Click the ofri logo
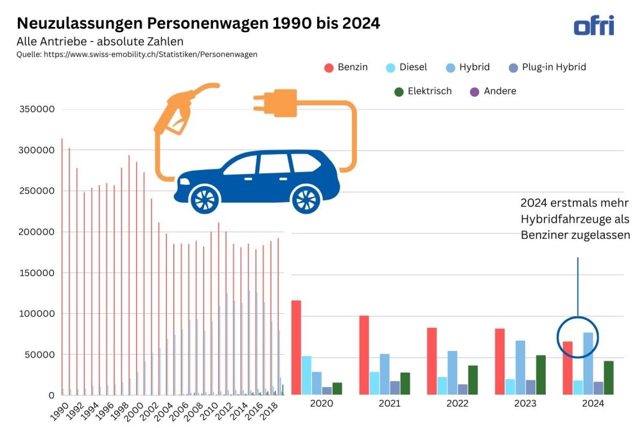593,26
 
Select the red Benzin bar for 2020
295,347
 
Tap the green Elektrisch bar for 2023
541,375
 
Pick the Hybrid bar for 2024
588,363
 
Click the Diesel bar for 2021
374,383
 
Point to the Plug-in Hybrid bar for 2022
463,389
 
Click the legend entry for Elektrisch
423,91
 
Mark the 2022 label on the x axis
458,404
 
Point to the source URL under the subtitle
137,55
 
